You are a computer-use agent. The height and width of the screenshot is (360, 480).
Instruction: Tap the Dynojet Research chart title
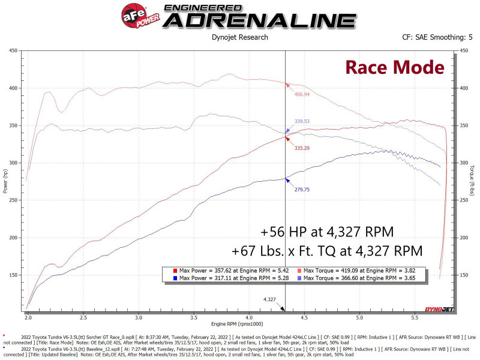239,37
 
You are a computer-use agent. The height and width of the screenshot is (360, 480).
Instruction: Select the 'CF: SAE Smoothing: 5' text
437,37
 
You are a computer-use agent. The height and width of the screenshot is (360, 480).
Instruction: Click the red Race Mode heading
394,67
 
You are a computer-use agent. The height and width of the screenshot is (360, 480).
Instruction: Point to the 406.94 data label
302,94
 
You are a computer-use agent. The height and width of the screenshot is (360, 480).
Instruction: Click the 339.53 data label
302,121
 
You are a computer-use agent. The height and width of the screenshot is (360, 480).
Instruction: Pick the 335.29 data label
302,148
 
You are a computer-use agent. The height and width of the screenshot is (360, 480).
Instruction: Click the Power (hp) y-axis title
5,180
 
